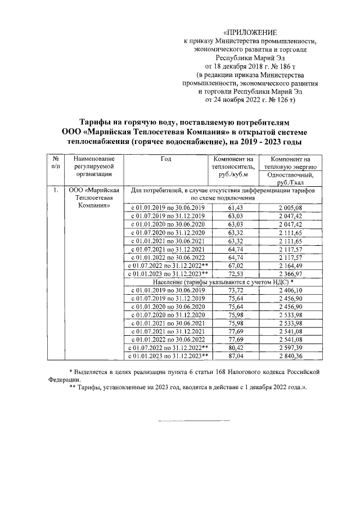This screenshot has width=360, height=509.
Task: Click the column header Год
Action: (165, 159)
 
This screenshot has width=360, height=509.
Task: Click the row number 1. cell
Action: (55, 191)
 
